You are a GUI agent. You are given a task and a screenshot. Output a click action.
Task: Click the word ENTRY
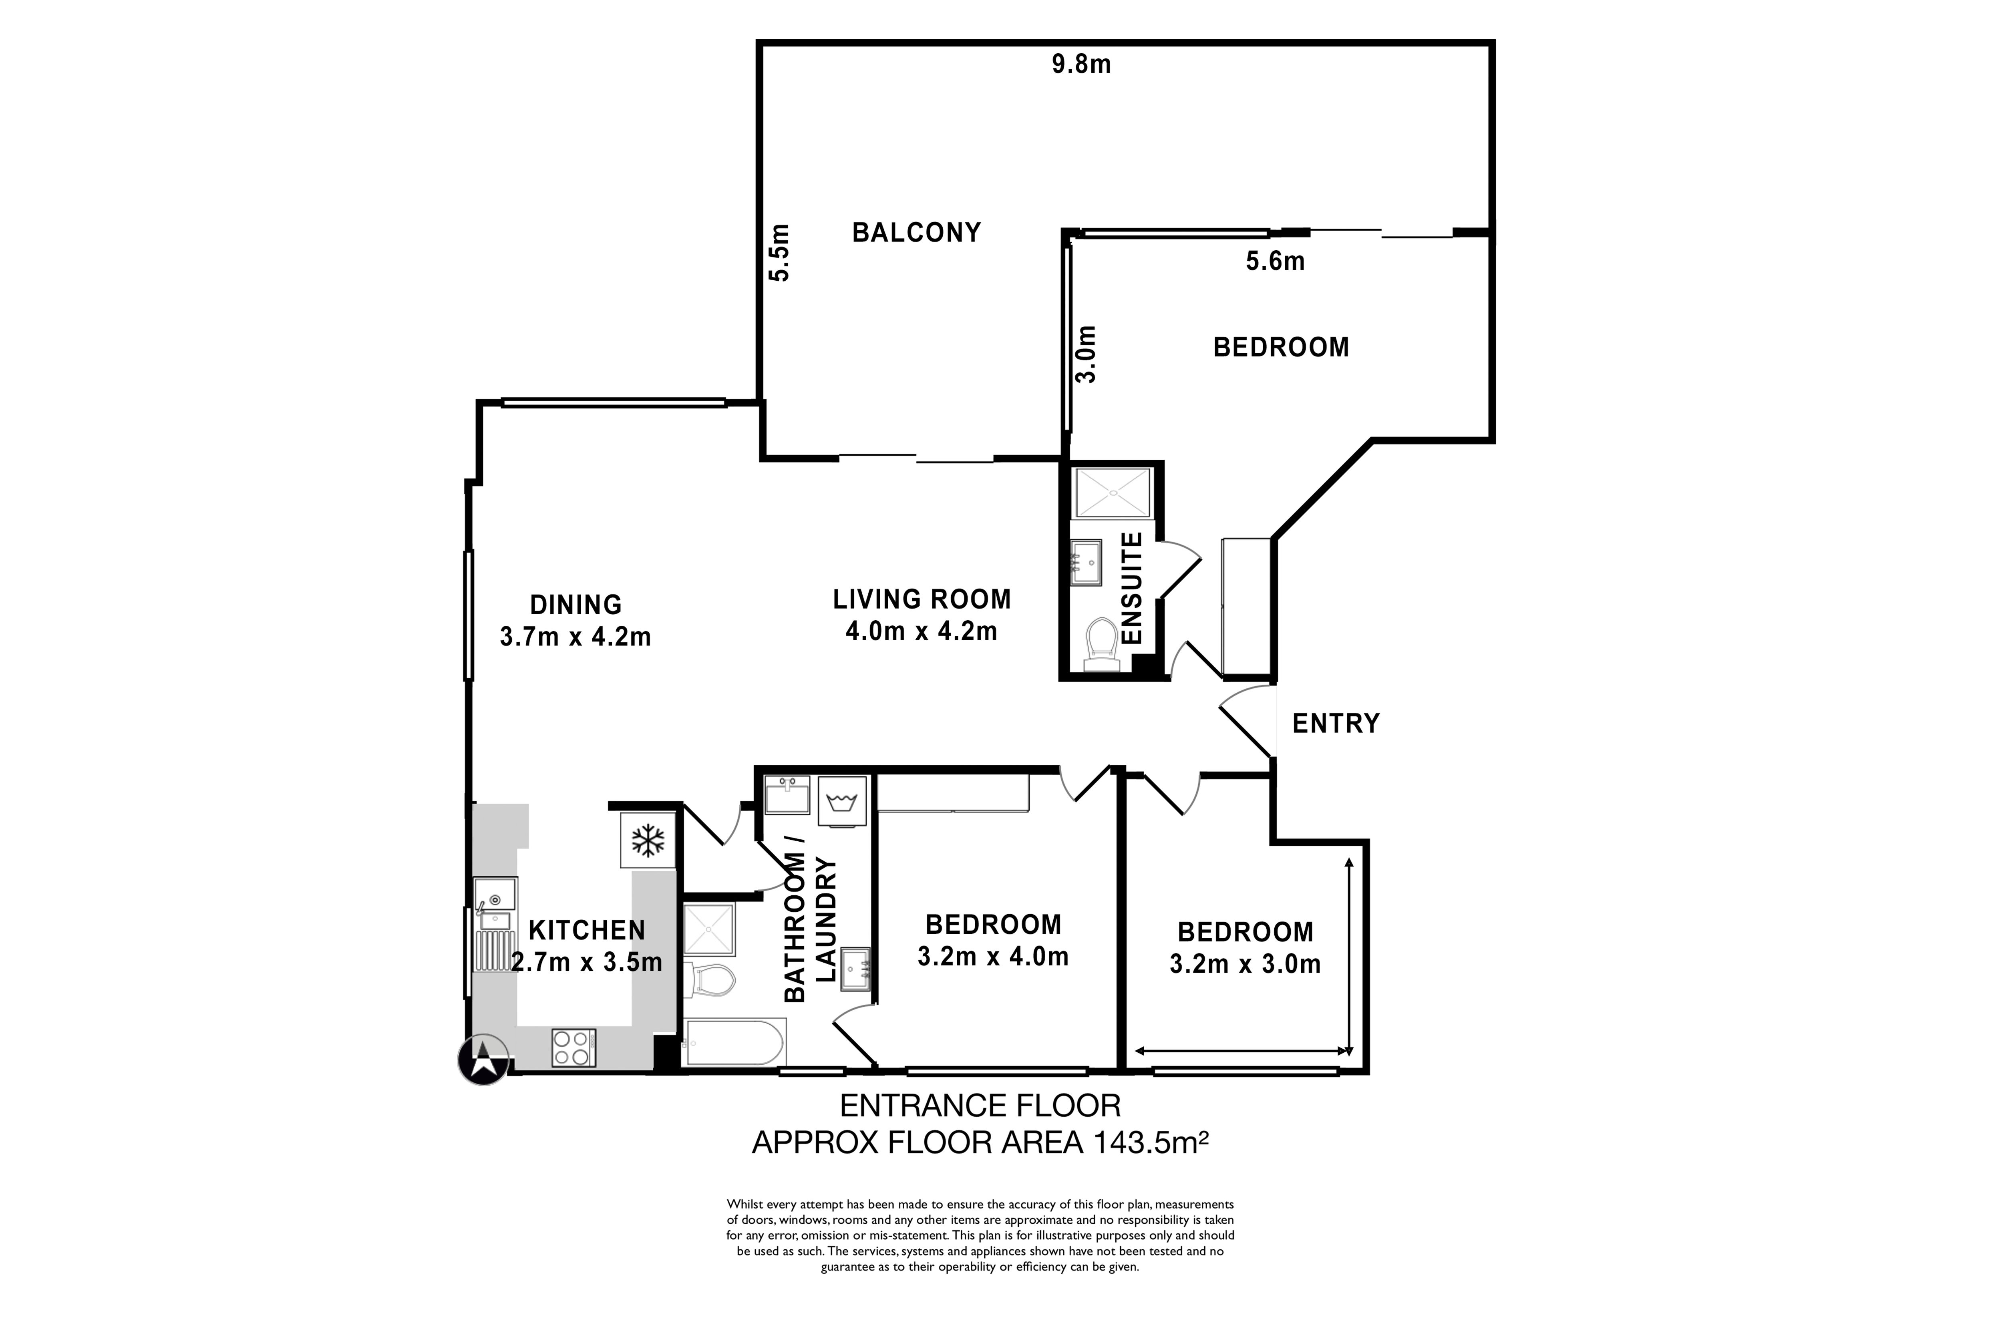coord(1335,724)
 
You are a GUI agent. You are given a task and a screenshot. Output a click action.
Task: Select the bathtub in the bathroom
coord(734,1042)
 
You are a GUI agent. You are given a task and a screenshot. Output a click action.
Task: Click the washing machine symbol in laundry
coord(841,801)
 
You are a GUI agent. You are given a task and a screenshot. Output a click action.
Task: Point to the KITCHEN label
coord(587,931)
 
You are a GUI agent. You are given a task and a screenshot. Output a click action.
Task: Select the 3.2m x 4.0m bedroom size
coord(993,957)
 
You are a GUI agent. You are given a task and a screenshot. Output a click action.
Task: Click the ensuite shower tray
coord(1113,493)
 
